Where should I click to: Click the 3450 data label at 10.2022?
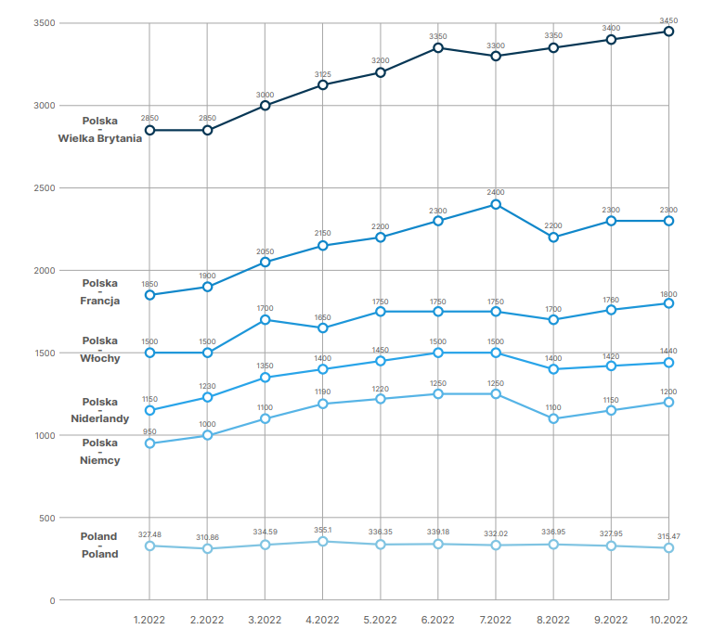[x=668, y=19]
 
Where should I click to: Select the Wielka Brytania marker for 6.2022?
[x=437, y=47]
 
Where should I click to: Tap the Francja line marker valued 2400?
[x=496, y=204]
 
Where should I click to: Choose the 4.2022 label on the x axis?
[x=322, y=620]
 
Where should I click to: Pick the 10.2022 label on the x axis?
[x=668, y=620]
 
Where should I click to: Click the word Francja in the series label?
[x=99, y=301]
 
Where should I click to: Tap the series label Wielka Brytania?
[x=99, y=138]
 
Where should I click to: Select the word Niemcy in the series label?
[x=99, y=460]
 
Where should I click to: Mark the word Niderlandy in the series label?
[x=99, y=418]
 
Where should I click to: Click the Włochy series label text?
[x=99, y=358]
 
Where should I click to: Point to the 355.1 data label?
[x=322, y=531]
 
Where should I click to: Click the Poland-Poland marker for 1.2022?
[x=149, y=546]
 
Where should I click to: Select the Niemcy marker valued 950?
[x=149, y=443]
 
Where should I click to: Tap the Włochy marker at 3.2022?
[x=265, y=319]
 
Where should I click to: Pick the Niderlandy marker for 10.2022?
[x=668, y=363]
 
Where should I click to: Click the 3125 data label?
[x=322, y=73]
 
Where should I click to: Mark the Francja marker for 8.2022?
[x=553, y=238]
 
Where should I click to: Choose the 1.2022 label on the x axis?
[x=149, y=620]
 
